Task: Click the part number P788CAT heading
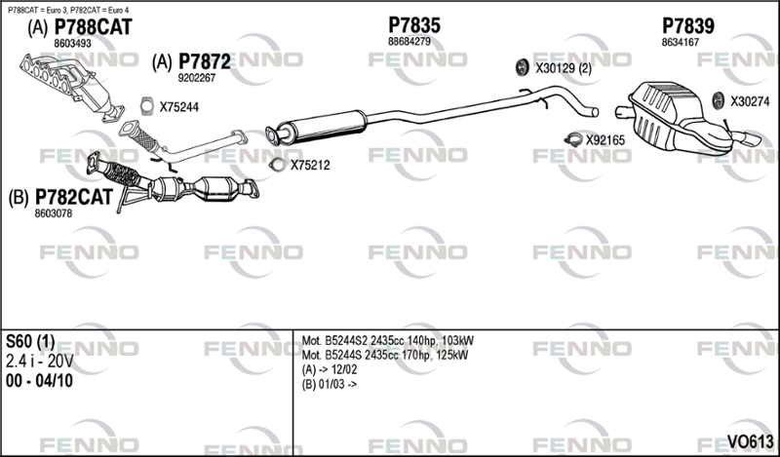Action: tap(93, 27)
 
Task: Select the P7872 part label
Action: tap(205, 62)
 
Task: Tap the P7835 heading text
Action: tap(414, 25)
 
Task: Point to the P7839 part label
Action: tap(688, 26)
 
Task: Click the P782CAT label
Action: tap(74, 198)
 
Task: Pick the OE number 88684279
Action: tap(409, 42)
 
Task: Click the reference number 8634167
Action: tap(680, 43)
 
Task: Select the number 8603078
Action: tap(54, 213)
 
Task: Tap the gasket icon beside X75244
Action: tap(147, 106)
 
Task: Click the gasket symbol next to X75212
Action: tap(277, 165)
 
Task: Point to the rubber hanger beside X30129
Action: tap(522, 67)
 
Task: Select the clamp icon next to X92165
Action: tap(573, 139)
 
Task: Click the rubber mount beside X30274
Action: tap(718, 101)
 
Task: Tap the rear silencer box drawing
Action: tap(682, 119)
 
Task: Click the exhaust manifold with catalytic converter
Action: tap(72, 86)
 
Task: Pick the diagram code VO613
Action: tap(750, 440)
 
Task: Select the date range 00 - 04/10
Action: tap(39, 381)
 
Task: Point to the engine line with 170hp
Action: tap(385, 356)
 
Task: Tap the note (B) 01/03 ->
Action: tap(330, 384)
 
